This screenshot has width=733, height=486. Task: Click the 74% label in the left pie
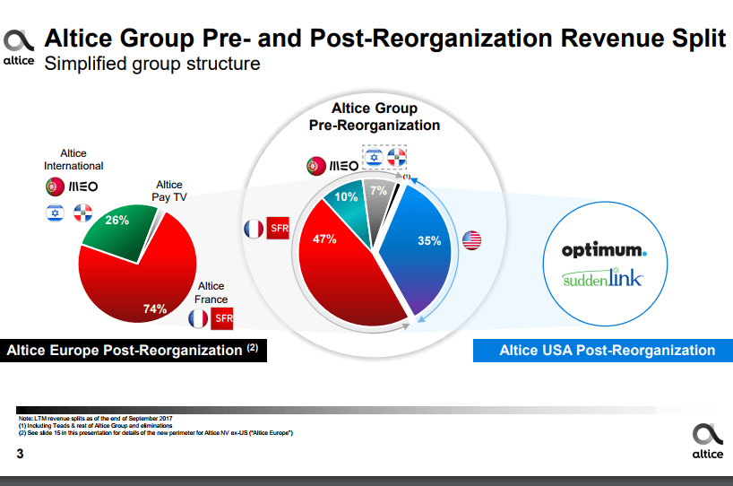pyautogui.click(x=155, y=308)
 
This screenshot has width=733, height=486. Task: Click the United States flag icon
pyautogui.click(x=471, y=239)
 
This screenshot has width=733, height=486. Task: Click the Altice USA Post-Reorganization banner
pyautogui.click(x=602, y=350)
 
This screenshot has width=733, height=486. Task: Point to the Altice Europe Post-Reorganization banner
pyautogui.click(x=133, y=350)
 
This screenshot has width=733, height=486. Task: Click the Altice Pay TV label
pyautogui.click(x=169, y=190)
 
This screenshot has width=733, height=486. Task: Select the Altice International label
pyautogui.click(x=73, y=160)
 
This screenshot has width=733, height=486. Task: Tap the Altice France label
pyautogui.click(x=211, y=293)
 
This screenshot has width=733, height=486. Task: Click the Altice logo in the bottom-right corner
pyautogui.click(x=704, y=440)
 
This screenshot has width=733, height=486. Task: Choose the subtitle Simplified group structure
pyautogui.click(x=152, y=64)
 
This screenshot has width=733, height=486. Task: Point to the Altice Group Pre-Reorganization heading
pyautogui.click(x=375, y=117)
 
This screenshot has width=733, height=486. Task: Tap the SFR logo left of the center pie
pyautogui.click(x=279, y=230)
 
